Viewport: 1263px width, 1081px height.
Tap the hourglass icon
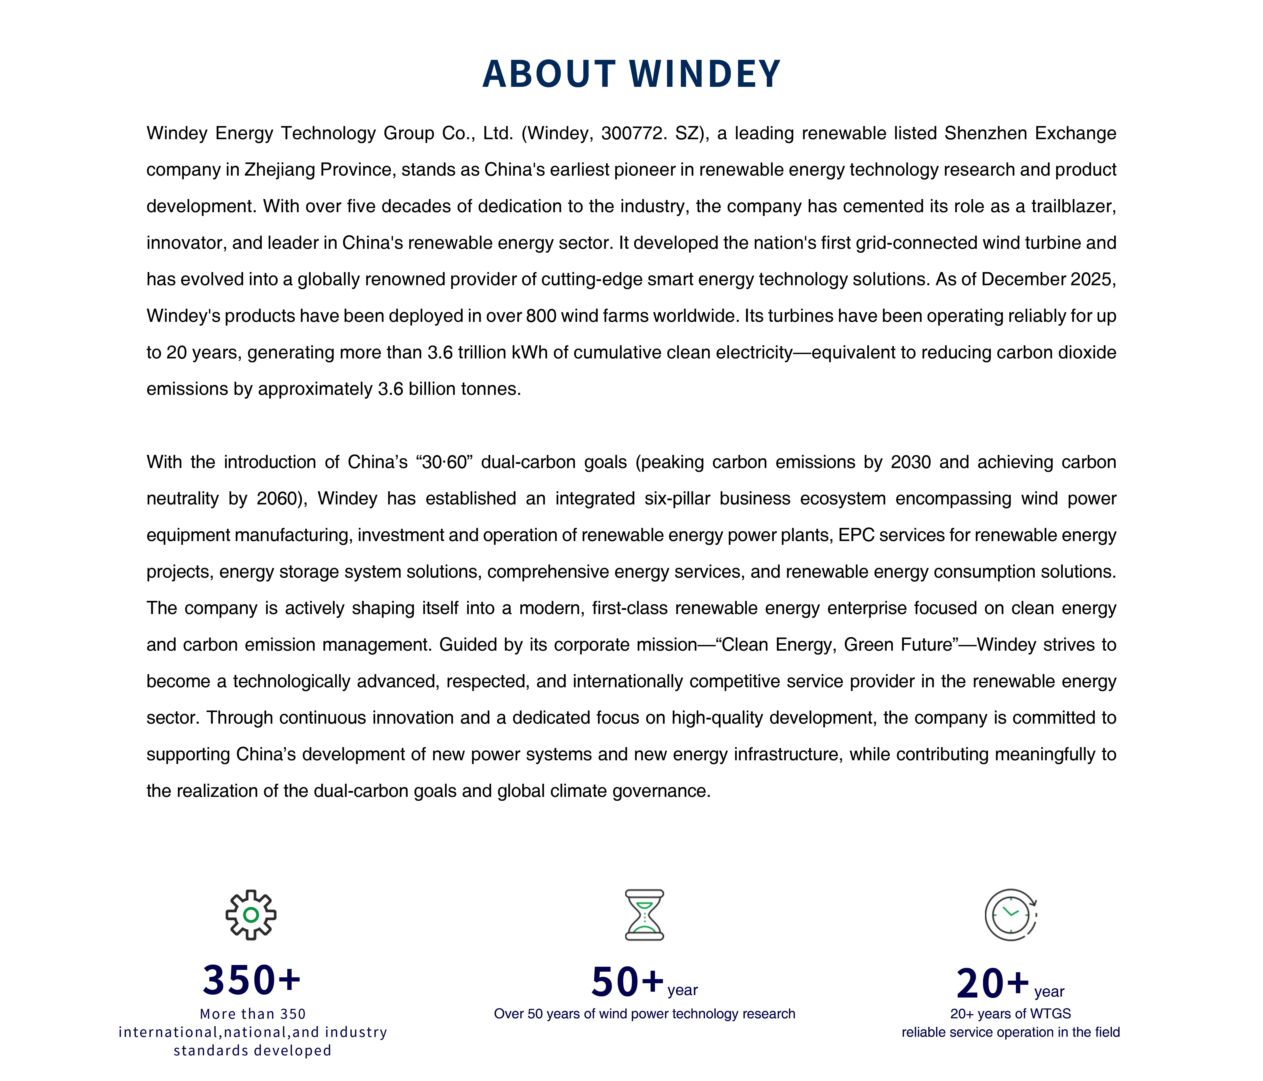coord(644,915)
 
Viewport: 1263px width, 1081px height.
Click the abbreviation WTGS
coord(1050,1014)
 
